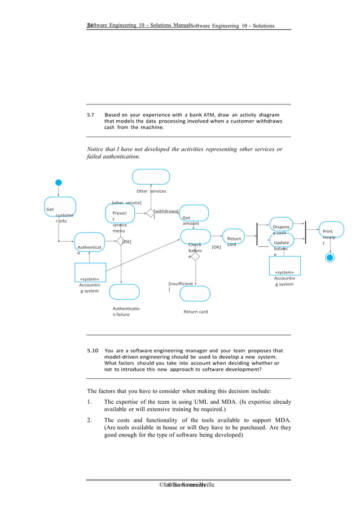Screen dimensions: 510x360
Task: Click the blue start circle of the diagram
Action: (x=58, y=183)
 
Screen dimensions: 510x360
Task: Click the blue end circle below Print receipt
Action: (x=330, y=258)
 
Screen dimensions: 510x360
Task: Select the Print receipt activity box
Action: (x=331, y=238)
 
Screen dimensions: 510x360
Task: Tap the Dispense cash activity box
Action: (x=282, y=226)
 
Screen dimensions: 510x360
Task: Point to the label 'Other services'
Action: (x=151, y=191)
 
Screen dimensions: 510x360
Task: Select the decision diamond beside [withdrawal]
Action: (x=150, y=213)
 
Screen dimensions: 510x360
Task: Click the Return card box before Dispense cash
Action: (x=233, y=238)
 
